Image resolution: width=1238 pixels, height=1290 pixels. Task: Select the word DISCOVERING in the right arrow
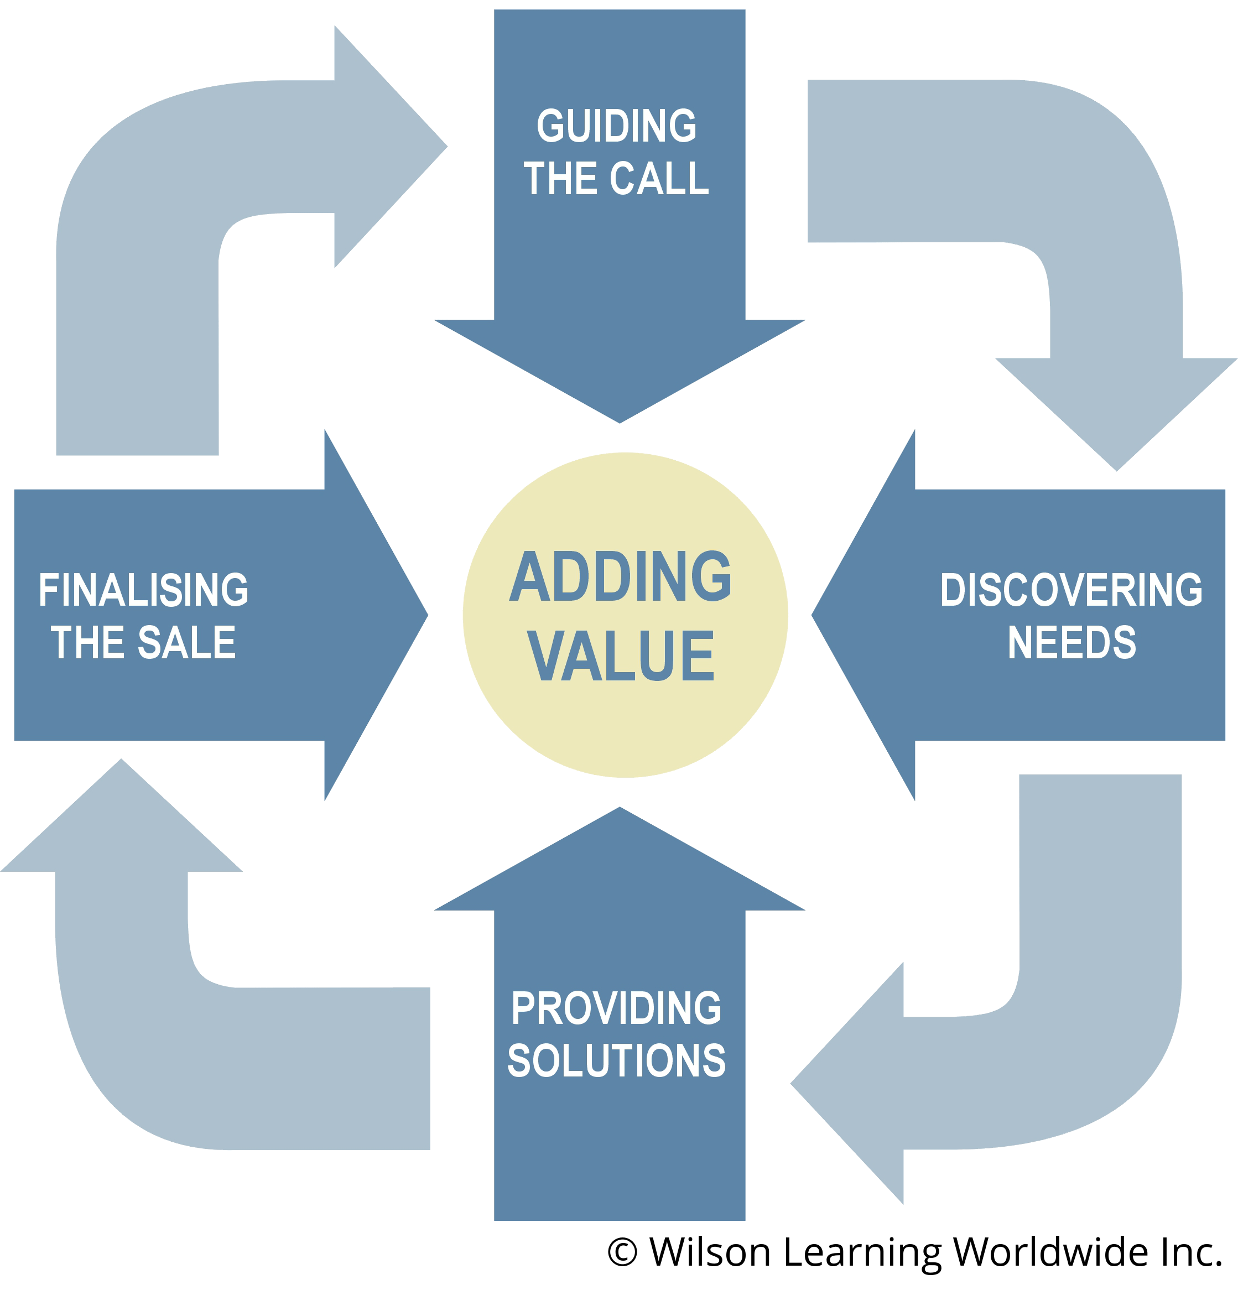tap(1071, 590)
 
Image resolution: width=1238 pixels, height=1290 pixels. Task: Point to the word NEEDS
tap(1071, 642)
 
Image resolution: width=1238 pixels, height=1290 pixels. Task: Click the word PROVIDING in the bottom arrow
tap(616, 1008)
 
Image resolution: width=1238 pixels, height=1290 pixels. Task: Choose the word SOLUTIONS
tap(616, 1061)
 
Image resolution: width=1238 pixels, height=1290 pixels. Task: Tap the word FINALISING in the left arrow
tap(143, 590)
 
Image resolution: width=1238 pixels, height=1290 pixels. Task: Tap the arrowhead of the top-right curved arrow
tap(1116, 415)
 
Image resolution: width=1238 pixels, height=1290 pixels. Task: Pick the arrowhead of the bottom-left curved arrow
tap(121, 816)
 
